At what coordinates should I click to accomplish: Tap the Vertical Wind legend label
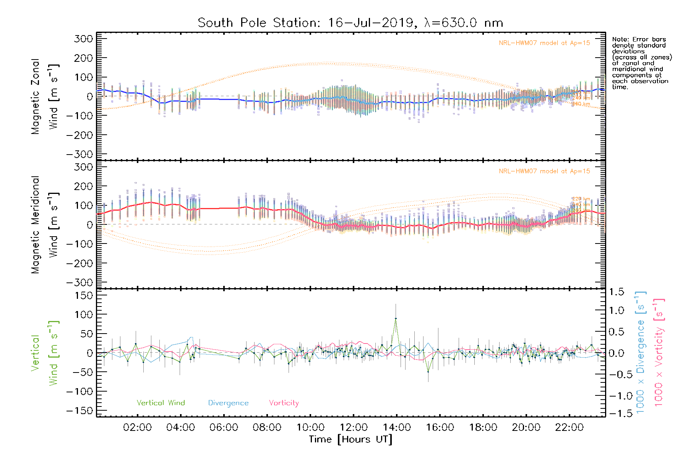click(161, 403)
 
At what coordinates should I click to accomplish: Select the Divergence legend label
click(228, 403)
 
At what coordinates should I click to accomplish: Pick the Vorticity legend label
click(284, 403)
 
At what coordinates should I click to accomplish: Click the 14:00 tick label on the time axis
click(396, 427)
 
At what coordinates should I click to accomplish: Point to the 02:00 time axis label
click(137, 427)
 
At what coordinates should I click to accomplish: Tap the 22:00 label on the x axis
click(569, 427)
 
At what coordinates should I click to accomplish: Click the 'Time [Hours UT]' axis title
click(350, 439)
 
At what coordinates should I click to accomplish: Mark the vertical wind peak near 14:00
click(396, 318)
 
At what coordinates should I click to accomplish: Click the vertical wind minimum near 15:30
click(428, 371)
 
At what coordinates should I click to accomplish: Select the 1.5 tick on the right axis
click(617, 292)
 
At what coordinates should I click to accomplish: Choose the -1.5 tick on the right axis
click(617, 413)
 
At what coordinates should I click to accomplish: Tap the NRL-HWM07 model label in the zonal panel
click(544, 43)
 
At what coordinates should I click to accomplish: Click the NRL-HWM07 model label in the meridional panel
click(544, 171)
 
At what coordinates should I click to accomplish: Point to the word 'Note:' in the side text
click(620, 39)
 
